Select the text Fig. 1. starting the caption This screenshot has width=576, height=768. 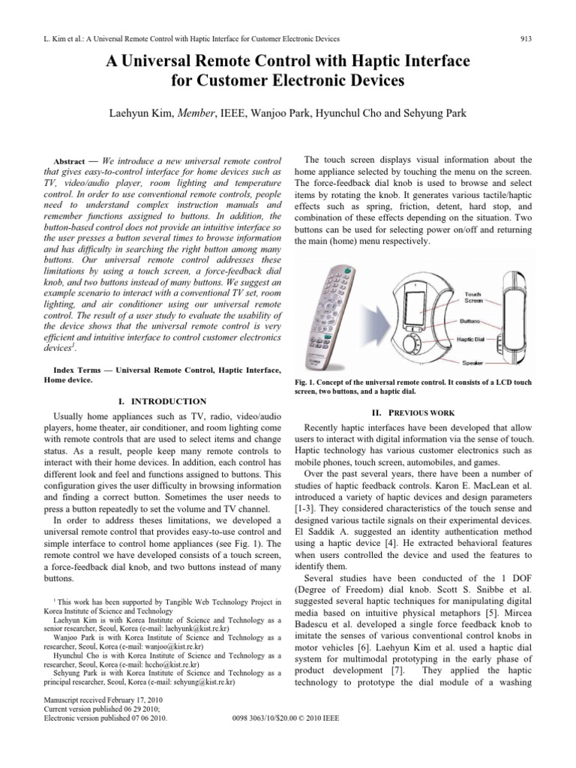click(x=310, y=382)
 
